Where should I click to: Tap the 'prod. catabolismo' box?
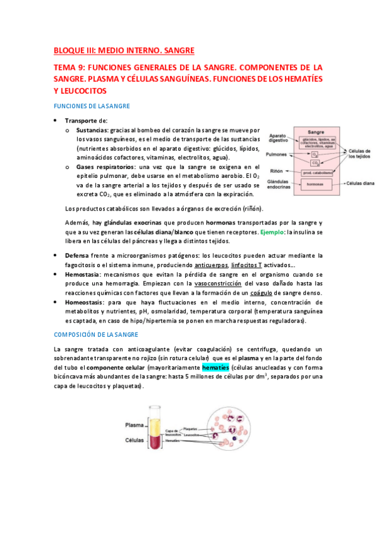(317, 172)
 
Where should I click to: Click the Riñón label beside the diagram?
(276, 170)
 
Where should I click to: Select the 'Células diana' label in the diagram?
(360, 184)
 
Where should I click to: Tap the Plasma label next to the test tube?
(135, 425)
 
